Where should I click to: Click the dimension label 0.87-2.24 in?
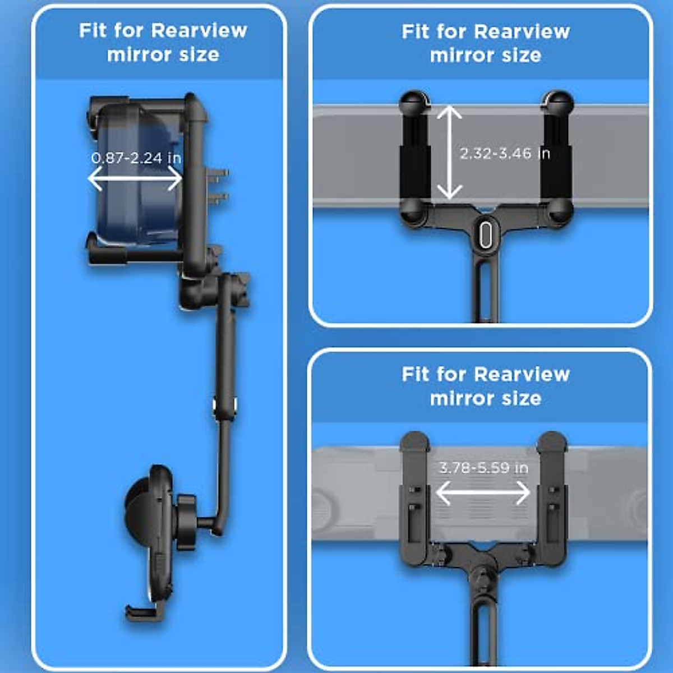(x=136, y=158)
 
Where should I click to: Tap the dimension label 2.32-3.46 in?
(x=505, y=153)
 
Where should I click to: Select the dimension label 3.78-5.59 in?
(x=483, y=468)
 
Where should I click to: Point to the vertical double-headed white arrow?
(x=449, y=153)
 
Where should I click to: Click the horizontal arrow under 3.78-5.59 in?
(x=483, y=493)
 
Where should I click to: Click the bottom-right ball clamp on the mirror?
(x=559, y=211)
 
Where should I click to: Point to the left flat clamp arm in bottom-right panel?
(x=414, y=499)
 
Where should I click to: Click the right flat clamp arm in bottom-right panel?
(x=552, y=499)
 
